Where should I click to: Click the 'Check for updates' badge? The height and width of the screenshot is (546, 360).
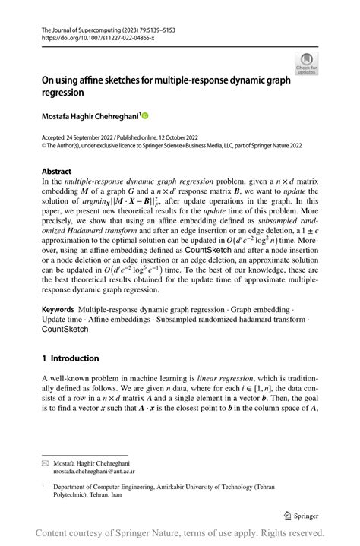(306, 63)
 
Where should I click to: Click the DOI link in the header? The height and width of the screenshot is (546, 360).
(90, 36)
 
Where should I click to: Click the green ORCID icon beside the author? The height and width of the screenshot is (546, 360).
(145, 115)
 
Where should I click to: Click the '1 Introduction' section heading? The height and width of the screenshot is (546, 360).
(70, 358)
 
